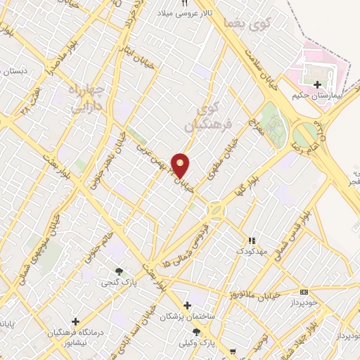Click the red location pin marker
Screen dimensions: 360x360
point(181,166)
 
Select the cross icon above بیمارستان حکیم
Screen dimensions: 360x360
point(318,84)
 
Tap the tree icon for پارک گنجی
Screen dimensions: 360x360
point(120,272)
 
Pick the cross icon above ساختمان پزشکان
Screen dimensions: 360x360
point(187,305)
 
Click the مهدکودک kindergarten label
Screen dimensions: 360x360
point(250,250)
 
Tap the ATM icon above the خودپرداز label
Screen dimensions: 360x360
point(304,291)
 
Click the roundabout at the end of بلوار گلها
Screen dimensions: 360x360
point(214,209)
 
